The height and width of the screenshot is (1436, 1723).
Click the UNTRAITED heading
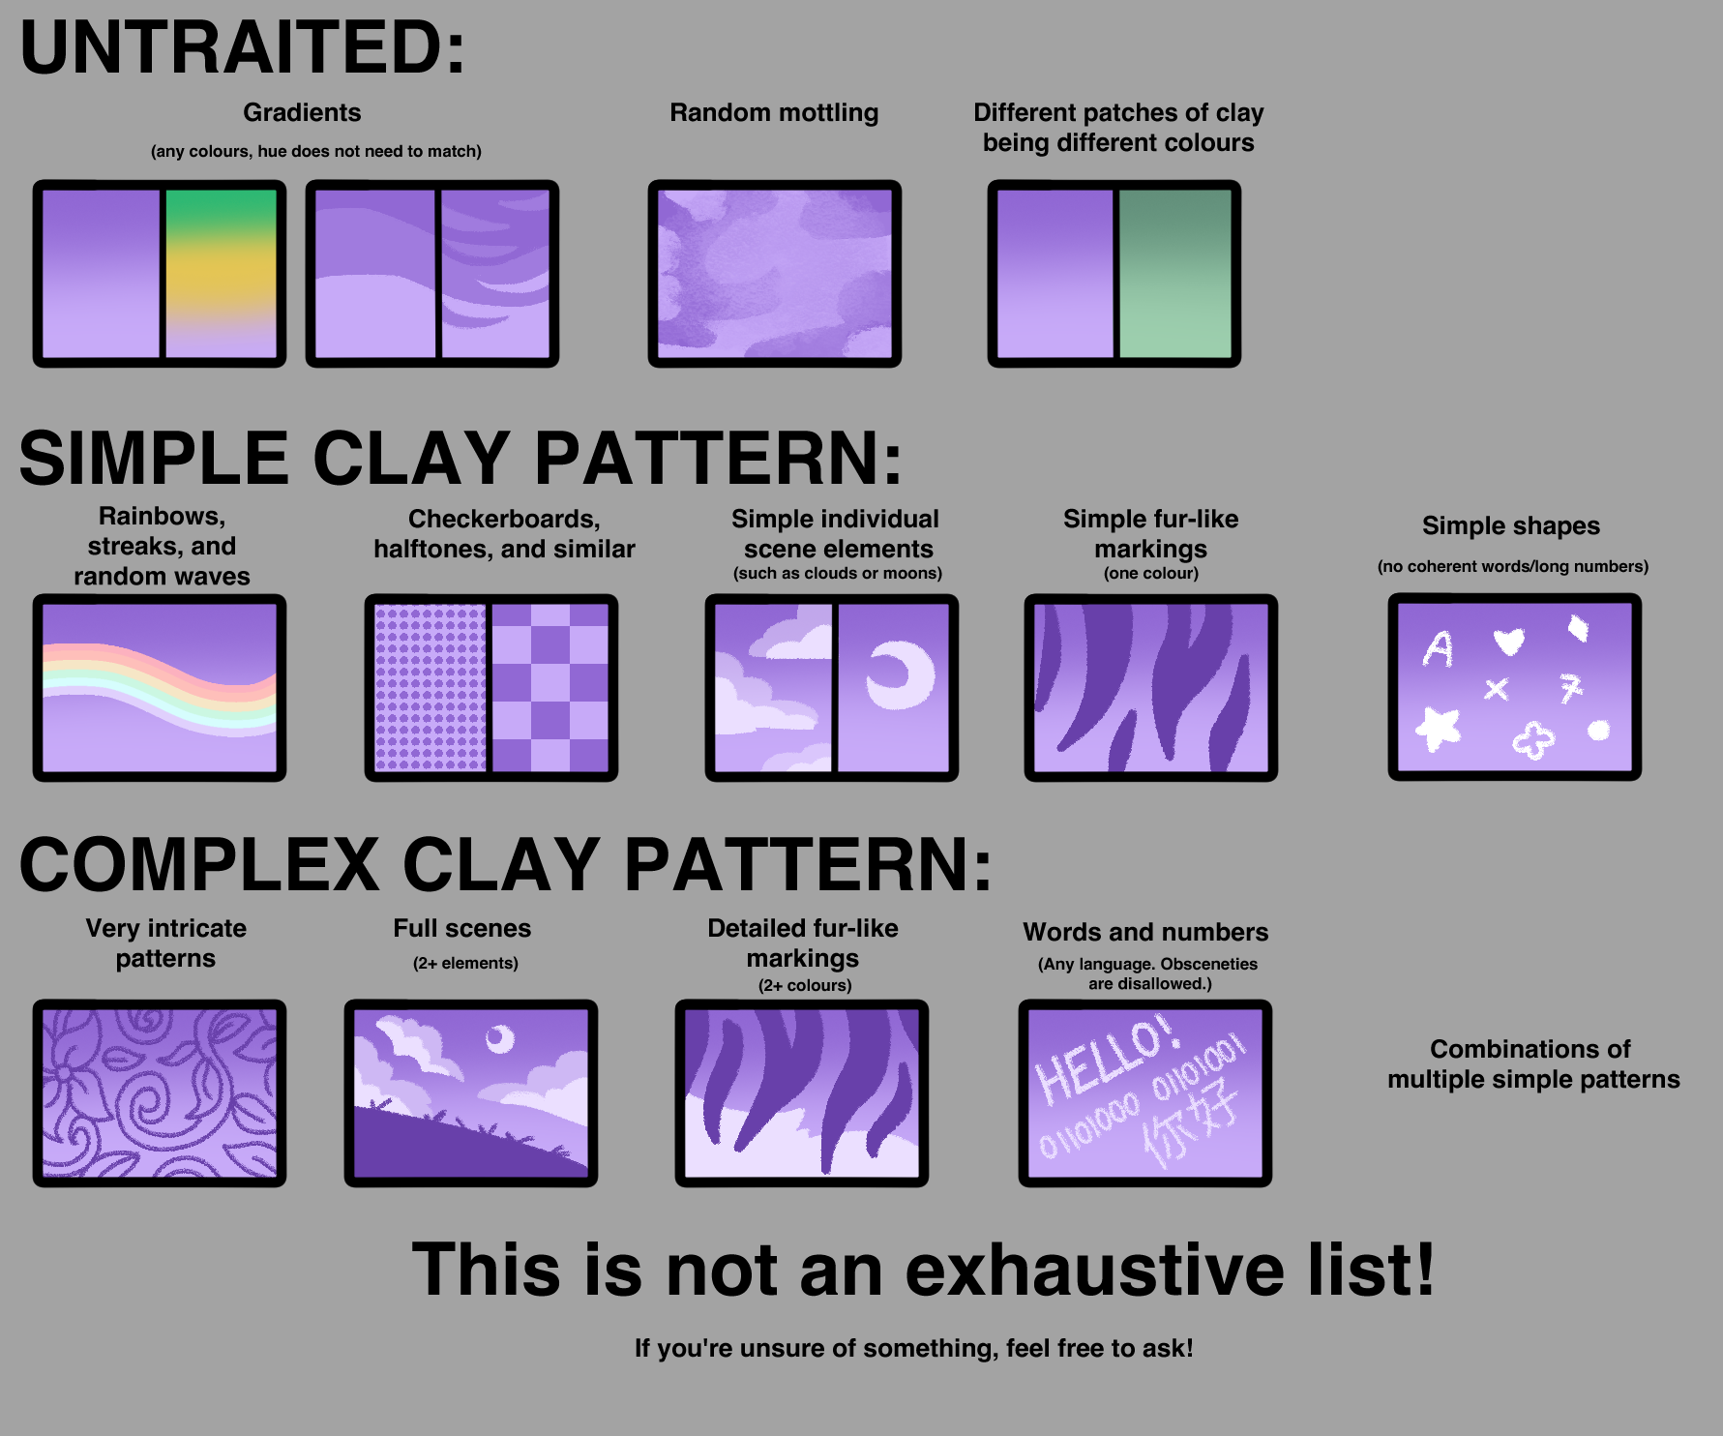pyautogui.click(x=242, y=47)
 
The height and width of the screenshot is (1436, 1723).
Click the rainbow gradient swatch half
pyautogui.click(x=222, y=273)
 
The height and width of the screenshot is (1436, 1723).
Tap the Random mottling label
pyautogui.click(x=774, y=113)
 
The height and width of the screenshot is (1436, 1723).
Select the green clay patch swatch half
pyautogui.click(x=1175, y=273)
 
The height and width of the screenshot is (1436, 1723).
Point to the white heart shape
pyautogui.click(x=1508, y=640)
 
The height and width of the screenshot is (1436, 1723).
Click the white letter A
pyautogui.click(x=1438, y=648)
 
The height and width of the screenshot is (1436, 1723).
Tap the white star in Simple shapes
pyautogui.click(x=1439, y=728)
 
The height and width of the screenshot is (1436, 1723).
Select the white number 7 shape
pyautogui.click(x=1570, y=688)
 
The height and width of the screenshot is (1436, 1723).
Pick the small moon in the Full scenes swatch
pyautogui.click(x=499, y=1038)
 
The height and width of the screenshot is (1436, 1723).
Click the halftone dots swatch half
pyautogui.click(x=431, y=687)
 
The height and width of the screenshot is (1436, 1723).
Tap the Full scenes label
pyautogui.click(x=462, y=929)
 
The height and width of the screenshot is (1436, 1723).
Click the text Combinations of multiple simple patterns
pyautogui.click(x=1533, y=1064)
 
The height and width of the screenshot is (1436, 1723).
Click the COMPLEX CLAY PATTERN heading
pyautogui.click(x=506, y=864)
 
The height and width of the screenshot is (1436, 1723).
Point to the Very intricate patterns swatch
pyautogui.click(x=160, y=1093)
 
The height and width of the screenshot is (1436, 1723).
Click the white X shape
pyautogui.click(x=1497, y=689)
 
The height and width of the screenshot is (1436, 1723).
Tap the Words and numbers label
pyautogui.click(x=1145, y=933)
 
